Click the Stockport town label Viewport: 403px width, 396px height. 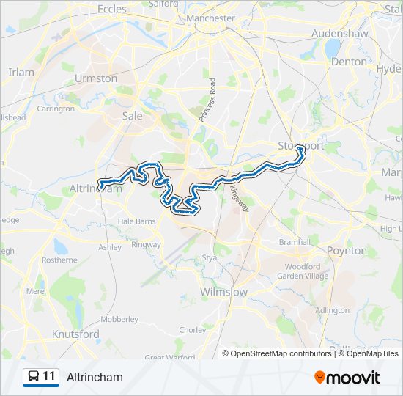300,146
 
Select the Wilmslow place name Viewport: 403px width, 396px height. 223,292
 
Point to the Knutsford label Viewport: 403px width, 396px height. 75,334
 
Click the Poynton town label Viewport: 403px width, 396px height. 347,251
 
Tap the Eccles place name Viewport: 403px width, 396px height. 111,10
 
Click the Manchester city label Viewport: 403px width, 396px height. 210,18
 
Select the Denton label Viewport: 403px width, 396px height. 349,62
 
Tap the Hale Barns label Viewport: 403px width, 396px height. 138,221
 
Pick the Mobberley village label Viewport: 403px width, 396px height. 119,319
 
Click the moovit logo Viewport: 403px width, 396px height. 347,378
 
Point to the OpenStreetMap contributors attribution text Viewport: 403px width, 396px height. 280,353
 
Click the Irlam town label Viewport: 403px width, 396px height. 21,72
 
